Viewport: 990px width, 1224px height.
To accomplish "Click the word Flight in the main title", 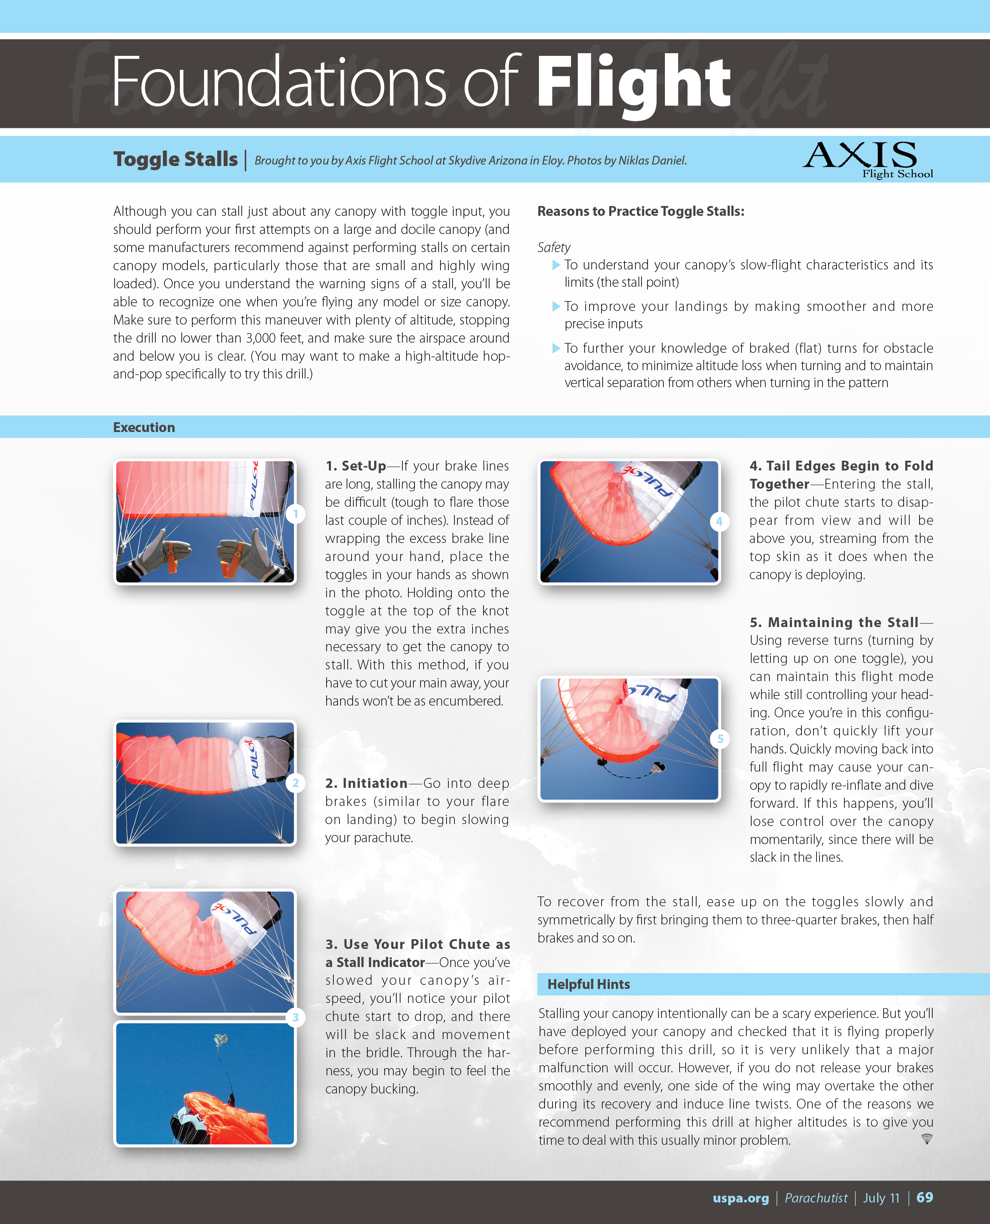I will (x=633, y=83).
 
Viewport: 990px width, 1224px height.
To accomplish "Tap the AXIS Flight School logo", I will (x=867, y=160).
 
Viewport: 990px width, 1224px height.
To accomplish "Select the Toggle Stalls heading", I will (x=175, y=159).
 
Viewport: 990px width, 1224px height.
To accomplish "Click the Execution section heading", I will (x=144, y=427).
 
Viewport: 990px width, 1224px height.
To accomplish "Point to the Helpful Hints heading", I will (x=588, y=984).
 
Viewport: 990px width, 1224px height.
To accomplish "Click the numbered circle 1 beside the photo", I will (x=295, y=514).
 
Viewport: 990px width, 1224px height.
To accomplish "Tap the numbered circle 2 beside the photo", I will (x=295, y=783).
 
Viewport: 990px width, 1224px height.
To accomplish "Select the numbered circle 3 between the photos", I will (x=295, y=1017).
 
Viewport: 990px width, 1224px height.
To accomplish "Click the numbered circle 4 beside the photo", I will (x=719, y=521).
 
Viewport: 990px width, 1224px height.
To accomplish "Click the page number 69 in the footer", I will (x=924, y=1197).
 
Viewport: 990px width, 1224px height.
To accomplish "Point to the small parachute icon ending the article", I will (x=927, y=1139).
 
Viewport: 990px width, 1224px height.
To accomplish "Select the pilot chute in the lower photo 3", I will (x=220, y=1040).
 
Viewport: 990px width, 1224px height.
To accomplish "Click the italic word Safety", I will (x=554, y=247).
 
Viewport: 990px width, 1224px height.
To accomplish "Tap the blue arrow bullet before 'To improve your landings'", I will (x=556, y=306).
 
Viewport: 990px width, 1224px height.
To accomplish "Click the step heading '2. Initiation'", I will (x=366, y=783).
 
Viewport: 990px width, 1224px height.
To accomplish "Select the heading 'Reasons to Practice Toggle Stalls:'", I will (x=640, y=211).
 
